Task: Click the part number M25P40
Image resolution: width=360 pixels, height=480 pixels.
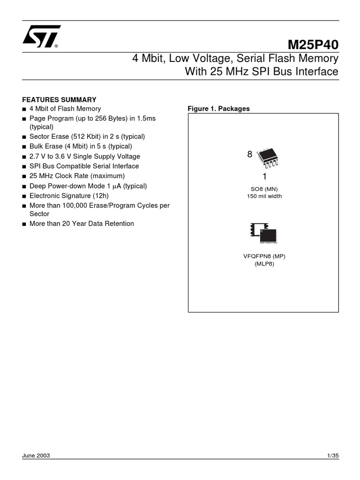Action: [x=312, y=45]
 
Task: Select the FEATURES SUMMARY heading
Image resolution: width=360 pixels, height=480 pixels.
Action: [x=60, y=99]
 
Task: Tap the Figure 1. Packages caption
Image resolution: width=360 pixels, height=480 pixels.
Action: [x=218, y=109]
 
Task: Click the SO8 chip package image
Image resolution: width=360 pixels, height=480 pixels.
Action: [x=267, y=157]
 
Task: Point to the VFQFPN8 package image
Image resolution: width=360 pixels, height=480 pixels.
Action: [x=263, y=232]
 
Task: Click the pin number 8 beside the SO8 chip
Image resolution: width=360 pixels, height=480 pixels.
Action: [x=250, y=154]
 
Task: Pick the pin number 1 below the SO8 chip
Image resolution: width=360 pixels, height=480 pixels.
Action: [x=264, y=177]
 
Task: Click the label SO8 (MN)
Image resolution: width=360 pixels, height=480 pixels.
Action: [x=264, y=189]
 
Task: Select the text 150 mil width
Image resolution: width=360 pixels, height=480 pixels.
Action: [x=264, y=196]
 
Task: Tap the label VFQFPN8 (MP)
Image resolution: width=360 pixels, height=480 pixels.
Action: [x=264, y=256]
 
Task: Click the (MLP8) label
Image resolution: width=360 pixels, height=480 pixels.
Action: [x=264, y=264]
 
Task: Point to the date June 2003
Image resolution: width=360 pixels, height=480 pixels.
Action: [x=36, y=456]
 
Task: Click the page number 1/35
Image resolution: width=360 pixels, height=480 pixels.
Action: [x=332, y=456]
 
